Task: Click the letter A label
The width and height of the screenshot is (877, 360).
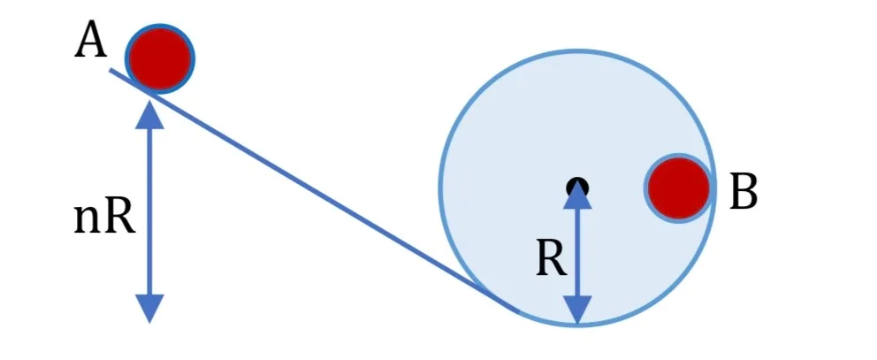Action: (x=90, y=41)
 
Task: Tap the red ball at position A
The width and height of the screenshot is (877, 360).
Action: (x=161, y=57)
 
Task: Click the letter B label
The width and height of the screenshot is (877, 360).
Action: (x=744, y=191)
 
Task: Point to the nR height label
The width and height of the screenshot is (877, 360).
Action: (x=104, y=218)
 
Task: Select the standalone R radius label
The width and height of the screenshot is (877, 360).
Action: (x=552, y=259)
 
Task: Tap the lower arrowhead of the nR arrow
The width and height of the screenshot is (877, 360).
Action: (x=150, y=309)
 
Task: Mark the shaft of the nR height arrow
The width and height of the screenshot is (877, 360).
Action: (x=150, y=212)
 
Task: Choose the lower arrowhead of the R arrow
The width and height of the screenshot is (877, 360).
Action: (x=578, y=310)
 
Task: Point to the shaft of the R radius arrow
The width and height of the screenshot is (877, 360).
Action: (x=578, y=252)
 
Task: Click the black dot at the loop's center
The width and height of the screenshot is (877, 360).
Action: (x=578, y=187)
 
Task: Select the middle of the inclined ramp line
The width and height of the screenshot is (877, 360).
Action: (x=315, y=190)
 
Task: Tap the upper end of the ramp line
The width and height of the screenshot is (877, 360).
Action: (x=111, y=70)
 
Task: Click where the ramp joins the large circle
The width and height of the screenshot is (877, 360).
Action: (x=517, y=310)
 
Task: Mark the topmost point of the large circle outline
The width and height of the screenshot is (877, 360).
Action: (x=578, y=51)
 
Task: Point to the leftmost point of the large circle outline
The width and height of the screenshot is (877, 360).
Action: (x=441, y=187)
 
